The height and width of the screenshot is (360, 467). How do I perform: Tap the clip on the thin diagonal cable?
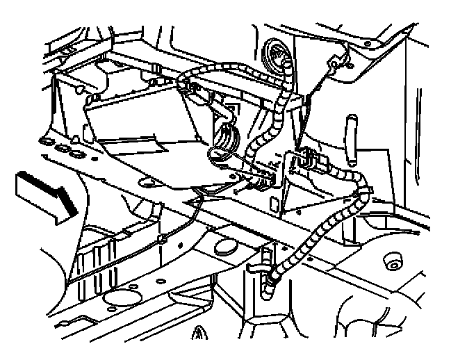click(x=161, y=240)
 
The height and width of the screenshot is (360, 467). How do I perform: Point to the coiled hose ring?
click(x=227, y=136)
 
